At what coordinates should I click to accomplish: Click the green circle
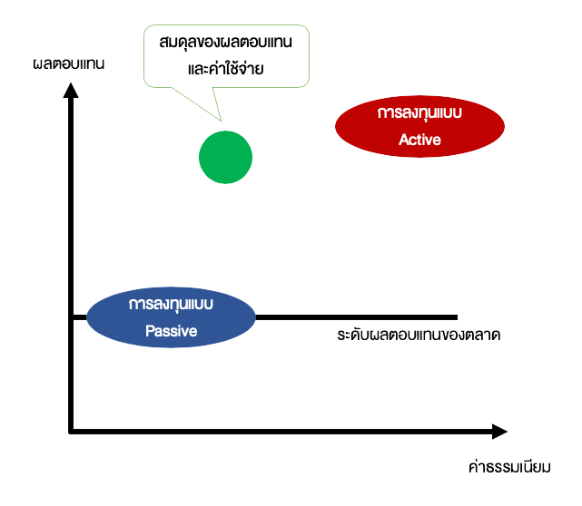click(225, 157)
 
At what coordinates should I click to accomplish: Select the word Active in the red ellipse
click(419, 140)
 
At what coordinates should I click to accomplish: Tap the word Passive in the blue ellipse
click(171, 331)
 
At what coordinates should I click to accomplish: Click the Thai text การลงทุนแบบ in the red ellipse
click(419, 114)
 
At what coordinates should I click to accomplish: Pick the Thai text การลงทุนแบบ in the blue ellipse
click(171, 304)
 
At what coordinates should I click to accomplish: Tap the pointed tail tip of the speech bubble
click(220, 121)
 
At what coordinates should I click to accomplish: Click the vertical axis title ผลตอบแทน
click(69, 64)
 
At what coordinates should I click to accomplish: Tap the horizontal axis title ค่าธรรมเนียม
click(509, 468)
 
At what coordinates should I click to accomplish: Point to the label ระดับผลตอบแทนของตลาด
click(419, 336)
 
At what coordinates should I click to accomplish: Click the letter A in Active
click(403, 140)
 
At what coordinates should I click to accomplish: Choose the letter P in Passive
click(150, 331)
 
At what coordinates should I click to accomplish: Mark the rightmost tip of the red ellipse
click(504, 128)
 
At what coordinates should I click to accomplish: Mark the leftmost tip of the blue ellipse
click(87, 317)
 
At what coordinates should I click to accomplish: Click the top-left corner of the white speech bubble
click(148, 27)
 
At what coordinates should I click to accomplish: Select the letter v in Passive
click(184, 332)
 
